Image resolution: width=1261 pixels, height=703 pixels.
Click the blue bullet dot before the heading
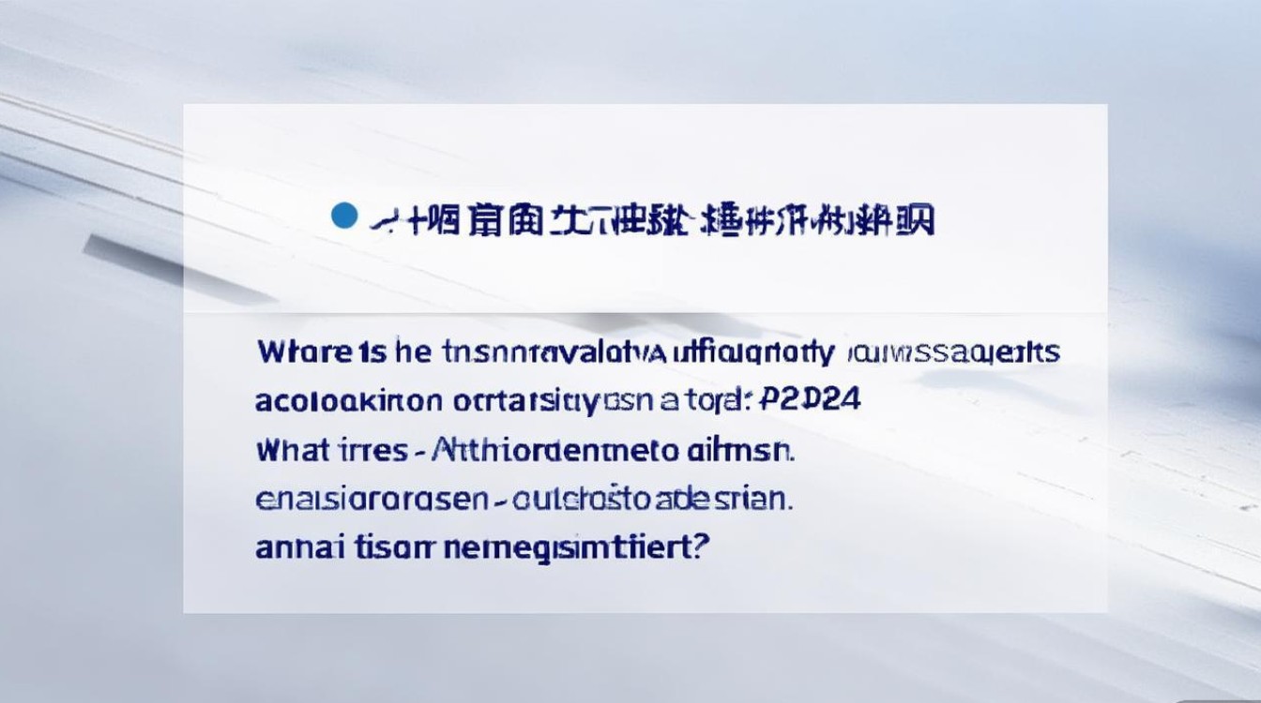point(345,217)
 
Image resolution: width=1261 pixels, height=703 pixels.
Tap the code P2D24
point(809,401)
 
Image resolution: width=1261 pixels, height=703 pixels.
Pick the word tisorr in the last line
point(387,547)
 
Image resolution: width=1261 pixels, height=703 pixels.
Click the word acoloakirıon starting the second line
point(348,401)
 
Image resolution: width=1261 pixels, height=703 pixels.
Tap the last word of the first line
point(952,352)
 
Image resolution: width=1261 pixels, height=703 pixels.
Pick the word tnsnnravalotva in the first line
point(541,352)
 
